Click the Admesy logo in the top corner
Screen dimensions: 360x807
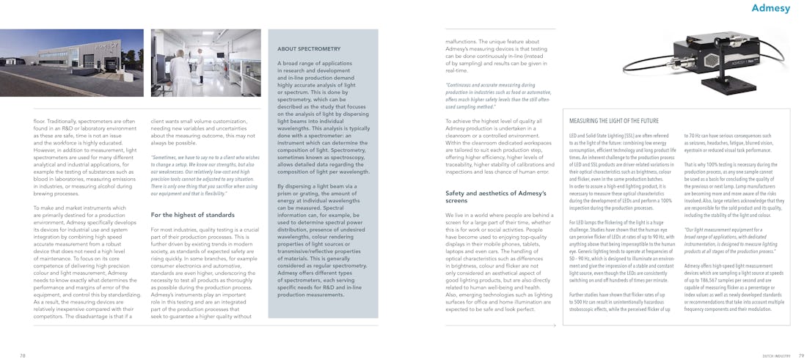coord(770,9)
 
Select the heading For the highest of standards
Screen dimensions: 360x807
coord(193,215)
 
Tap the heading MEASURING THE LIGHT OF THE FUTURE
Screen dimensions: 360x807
coord(614,120)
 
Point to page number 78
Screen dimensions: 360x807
coord(23,355)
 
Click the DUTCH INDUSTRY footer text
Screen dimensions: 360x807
coord(776,355)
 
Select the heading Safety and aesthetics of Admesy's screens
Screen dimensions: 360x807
coord(485,196)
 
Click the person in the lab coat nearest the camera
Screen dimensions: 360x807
coord(180,73)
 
